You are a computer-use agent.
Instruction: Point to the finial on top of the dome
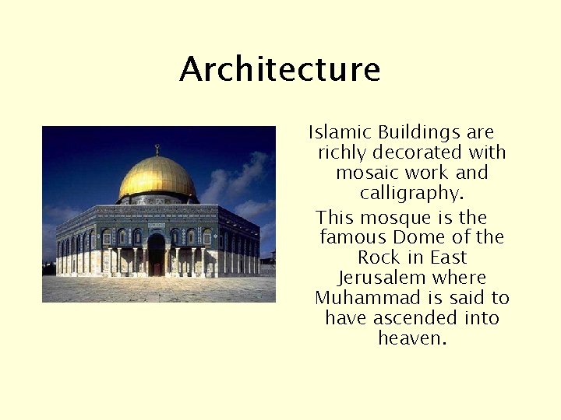coord(157,149)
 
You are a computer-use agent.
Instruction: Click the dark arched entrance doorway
coord(157,254)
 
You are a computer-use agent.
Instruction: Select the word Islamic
coord(337,132)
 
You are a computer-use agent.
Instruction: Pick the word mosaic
coord(364,173)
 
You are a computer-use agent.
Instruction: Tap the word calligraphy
coord(411,193)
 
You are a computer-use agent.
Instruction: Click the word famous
coord(349,237)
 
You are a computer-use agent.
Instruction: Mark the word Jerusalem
coord(379,278)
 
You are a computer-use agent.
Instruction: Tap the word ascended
coord(414,318)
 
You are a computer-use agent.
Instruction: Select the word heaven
coord(412,338)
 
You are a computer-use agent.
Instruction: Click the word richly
coord(344,153)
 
